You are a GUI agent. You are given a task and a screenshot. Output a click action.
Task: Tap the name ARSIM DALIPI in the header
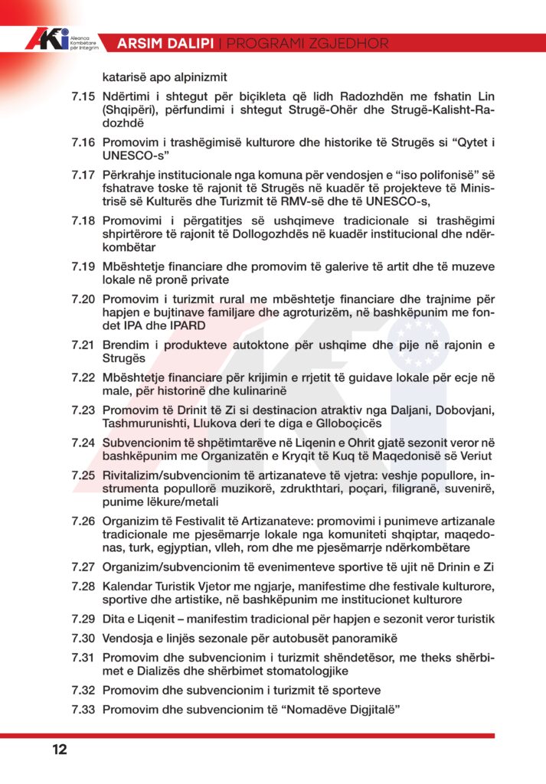(x=165, y=44)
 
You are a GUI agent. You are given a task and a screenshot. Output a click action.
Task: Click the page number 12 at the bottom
(x=60, y=750)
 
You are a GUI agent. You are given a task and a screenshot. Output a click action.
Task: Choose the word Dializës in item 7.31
(x=164, y=671)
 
